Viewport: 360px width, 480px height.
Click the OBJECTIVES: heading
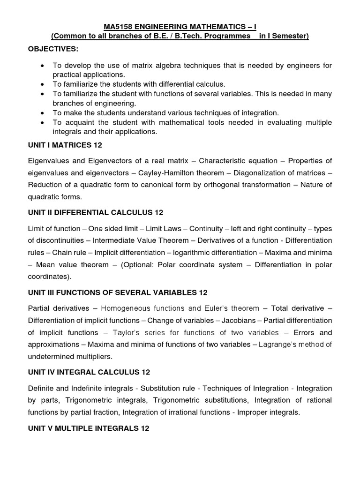[53, 49]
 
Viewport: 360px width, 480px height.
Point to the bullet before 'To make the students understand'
[43, 113]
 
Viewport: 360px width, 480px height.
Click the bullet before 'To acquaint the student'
[43, 122]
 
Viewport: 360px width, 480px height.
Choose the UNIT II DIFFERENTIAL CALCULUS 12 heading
[96, 212]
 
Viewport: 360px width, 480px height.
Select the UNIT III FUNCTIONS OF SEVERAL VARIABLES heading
[117, 292]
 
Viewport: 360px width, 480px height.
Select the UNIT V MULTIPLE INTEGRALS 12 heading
[89, 428]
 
